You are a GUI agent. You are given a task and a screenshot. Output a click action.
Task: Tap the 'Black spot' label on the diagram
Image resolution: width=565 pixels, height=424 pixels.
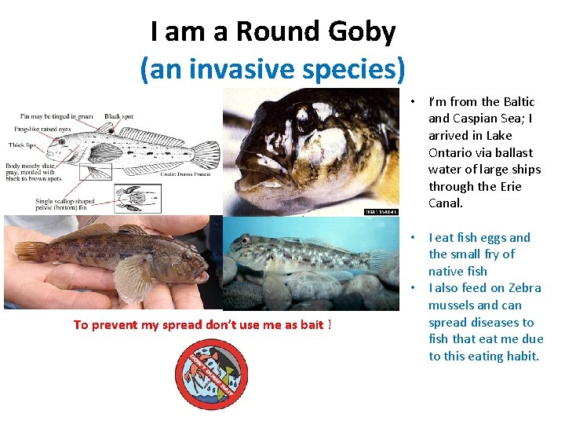(118, 116)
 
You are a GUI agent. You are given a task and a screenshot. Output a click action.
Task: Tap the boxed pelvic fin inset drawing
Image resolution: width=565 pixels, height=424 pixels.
(137, 198)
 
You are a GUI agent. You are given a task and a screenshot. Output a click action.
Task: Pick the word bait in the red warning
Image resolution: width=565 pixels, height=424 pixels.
(312, 325)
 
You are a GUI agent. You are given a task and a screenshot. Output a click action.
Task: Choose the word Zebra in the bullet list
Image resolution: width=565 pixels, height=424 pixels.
(525, 288)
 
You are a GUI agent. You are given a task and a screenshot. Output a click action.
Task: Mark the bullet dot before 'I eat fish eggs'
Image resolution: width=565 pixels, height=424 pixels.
(412, 237)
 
